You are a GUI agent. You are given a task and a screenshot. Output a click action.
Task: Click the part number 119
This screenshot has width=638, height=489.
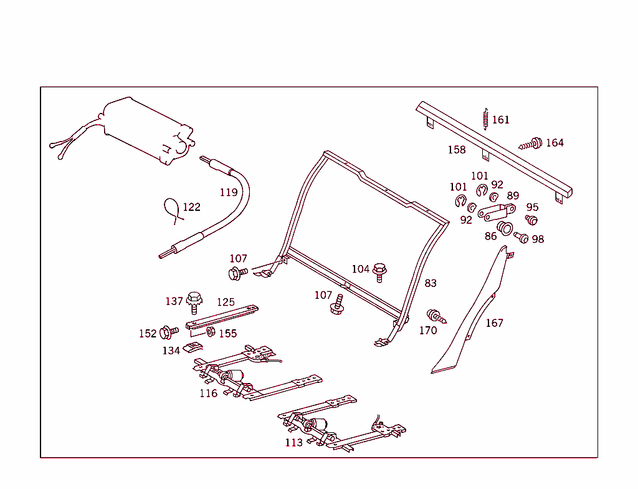tap(229, 192)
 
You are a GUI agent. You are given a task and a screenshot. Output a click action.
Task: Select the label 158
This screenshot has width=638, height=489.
tap(457, 150)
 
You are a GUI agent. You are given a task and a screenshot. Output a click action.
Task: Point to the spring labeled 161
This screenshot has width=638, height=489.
tap(485, 119)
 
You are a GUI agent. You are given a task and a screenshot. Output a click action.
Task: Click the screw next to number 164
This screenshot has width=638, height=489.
tap(530, 144)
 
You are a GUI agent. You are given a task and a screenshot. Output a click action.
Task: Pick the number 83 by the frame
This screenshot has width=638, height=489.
tap(431, 283)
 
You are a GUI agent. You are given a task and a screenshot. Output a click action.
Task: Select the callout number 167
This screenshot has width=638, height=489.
tap(494, 323)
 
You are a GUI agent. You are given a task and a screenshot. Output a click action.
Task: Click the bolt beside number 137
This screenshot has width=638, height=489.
tap(194, 301)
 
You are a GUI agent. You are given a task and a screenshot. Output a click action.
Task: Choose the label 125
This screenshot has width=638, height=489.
tap(226, 303)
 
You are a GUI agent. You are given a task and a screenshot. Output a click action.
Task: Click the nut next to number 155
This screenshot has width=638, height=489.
tap(210, 331)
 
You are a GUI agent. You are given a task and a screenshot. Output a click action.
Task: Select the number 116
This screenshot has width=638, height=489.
tap(209, 393)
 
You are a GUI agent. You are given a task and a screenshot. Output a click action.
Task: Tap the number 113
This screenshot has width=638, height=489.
tap(293, 442)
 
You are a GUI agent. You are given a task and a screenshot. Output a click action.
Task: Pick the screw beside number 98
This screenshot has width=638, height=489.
tap(520, 238)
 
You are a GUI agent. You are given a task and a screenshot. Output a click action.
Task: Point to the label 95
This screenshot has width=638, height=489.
tap(532, 207)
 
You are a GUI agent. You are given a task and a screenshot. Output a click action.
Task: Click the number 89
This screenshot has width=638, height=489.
tap(512, 196)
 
